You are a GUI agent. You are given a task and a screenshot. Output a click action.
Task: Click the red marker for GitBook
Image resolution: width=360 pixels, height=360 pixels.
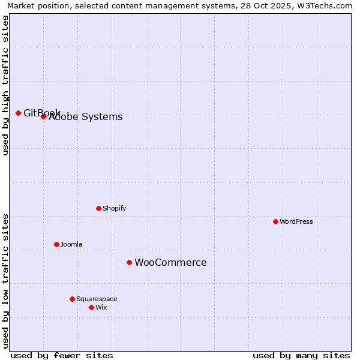(18, 113)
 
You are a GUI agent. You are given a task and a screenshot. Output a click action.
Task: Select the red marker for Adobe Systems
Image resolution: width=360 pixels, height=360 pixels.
(43, 116)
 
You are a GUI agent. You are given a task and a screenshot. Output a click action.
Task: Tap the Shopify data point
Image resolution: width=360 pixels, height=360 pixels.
(98, 208)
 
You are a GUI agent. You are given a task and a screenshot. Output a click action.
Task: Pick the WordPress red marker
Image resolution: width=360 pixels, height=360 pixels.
(275, 221)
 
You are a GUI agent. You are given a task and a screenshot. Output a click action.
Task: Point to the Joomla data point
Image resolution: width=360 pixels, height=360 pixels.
(56, 244)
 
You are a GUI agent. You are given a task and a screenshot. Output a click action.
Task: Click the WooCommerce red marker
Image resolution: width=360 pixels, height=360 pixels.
(129, 262)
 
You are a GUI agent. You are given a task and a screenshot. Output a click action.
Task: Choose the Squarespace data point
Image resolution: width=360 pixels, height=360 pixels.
(72, 299)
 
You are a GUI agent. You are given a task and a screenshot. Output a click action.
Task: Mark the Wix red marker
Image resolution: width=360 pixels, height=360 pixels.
(91, 307)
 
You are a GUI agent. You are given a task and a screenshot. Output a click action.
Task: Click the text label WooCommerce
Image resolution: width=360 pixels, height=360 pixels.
(170, 262)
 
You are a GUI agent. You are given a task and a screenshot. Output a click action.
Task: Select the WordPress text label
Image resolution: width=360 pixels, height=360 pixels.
(296, 221)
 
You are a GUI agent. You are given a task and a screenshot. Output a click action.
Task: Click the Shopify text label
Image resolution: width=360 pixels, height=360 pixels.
(114, 208)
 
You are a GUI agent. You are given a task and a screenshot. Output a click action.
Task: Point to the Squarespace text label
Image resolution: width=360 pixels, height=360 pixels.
(97, 299)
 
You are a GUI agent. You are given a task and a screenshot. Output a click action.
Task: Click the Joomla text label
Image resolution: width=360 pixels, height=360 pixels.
(71, 244)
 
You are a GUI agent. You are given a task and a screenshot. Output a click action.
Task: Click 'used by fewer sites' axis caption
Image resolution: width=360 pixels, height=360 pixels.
(62, 355)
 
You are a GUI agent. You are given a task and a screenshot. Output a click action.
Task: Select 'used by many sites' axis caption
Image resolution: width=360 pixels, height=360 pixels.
(301, 355)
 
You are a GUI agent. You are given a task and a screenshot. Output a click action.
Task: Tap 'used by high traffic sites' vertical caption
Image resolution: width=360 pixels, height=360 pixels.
(5, 85)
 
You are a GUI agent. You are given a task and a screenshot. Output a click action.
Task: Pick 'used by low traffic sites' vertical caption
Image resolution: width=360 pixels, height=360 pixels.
(5, 281)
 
